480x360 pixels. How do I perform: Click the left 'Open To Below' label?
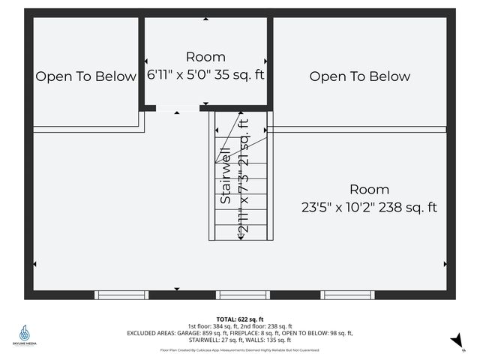click(86, 76)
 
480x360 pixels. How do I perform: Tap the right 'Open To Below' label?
click(360, 76)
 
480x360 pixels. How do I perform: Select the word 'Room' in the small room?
click(205, 57)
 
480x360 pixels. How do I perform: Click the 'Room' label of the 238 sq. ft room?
click(368, 190)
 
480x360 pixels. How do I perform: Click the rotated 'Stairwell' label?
click(225, 178)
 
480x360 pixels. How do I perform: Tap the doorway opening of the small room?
click(178, 109)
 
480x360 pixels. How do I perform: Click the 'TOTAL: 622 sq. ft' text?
click(240, 319)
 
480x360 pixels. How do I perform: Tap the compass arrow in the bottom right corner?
click(454, 341)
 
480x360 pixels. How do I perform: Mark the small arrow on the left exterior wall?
click(34, 264)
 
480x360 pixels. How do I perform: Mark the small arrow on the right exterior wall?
click(445, 264)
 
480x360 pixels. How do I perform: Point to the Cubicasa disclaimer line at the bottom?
click(240, 350)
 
